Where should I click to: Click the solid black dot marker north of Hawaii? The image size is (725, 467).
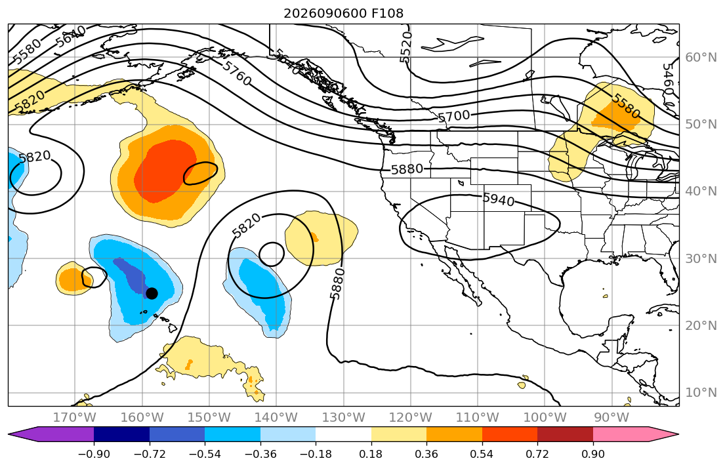pyautogui.click(x=152, y=293)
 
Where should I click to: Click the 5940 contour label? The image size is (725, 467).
pyautogui.click(x=499, y=199)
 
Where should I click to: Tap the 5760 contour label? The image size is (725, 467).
pyautogui.click(x=237, y=73)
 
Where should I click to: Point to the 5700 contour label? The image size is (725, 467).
pyautogui.click(x=453, y=116)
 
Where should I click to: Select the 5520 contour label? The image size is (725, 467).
pyautogui.click(x=405, y=47)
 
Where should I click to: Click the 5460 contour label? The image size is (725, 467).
pyautogui.click(x=668, y=79)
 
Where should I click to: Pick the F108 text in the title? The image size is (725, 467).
pyautogui.click(x=388, y=13)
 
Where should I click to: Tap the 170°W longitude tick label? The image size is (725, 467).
pyautogui.click(x=75, y=418)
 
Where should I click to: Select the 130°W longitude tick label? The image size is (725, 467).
pyautogui.click(x=344, y=418)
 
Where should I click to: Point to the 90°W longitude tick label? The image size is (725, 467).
pyautogui.click(x=611, y=418)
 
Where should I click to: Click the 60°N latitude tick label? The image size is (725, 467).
pyautogui.click(x=701, y=57)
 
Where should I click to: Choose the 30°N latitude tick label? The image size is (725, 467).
pyautogui.click(x=701, y=258)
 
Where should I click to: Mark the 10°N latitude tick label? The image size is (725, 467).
pyautogui.click(x=701, y=393)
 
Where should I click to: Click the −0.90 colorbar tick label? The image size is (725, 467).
pyautogui.click(x=94, y=454)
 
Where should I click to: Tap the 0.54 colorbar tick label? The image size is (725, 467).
pyautogui.click(x=482, y=454)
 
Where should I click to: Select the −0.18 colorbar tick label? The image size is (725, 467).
pyautogui.click(x=316, y=454)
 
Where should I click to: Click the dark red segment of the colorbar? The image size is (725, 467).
pyautogui.click(x=565, y=434)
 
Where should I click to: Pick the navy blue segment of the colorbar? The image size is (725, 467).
pyautogui.click(x=121, y=434)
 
